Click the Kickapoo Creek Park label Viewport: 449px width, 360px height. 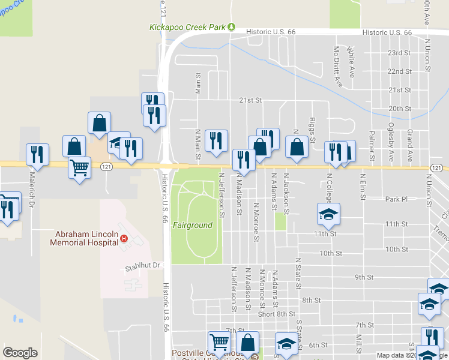(x=187, y=28)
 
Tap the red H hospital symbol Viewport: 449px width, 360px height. (x=124, y=239)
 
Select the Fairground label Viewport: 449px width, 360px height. (x=193, y=226)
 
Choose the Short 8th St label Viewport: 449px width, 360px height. (x=277, y=314)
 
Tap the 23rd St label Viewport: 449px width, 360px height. (x=399, y=53)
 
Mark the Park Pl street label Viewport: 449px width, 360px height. (x=396, y=199)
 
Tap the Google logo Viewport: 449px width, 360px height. (x=20, y=353)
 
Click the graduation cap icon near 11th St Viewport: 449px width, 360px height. (x=328, y=214)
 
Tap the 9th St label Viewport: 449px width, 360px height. (x=364, y=277)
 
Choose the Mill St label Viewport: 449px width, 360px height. (x=358, y=344)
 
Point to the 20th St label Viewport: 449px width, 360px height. (x=399, y=109)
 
